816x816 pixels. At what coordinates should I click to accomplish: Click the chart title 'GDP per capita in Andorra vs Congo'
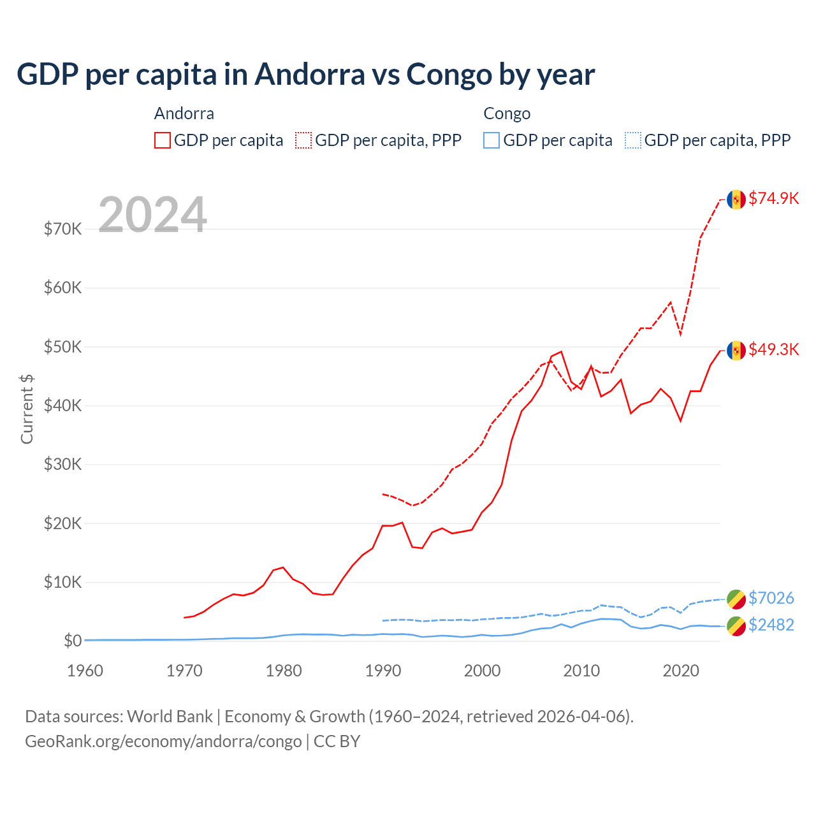tap(305, 75)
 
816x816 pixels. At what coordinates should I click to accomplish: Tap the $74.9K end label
tap(773, 198)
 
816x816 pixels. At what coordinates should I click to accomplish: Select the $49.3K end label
tap(773, 349)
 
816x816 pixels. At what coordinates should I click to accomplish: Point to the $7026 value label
tap(771, 598)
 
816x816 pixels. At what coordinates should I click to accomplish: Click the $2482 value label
tap(771, 625)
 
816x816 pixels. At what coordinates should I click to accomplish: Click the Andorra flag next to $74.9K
tap(736, 200)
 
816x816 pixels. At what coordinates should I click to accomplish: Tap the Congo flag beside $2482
tap(736, 626)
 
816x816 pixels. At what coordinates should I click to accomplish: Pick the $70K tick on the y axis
tap(62, 229)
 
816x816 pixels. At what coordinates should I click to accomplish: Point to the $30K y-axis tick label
tap(62, 464)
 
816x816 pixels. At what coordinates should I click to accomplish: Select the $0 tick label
tap(72, 641)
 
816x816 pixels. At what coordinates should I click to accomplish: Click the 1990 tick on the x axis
tap(383, 671)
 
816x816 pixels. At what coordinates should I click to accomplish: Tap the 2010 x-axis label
tap(581, 671)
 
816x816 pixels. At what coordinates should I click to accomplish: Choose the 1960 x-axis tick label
tap(85, 671)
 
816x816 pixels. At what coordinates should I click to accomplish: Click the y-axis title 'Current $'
tap(27, 409)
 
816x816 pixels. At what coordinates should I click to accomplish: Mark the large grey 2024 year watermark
tap(152, 215)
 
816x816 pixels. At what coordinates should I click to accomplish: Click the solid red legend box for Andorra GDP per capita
tap(163, 140)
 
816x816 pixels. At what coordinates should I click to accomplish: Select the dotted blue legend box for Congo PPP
tap(633, 140)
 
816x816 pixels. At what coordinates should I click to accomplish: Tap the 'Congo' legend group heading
tap(507, 113)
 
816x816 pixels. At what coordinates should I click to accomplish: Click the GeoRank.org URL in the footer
tap(163, 741)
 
